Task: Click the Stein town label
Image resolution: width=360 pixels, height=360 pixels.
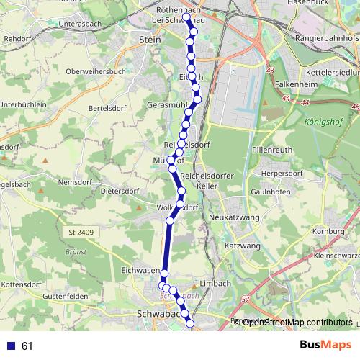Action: coord(149,40)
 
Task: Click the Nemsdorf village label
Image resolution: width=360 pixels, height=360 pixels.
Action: coord(78,184)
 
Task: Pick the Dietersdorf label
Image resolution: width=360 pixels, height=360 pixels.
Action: coord(120,192)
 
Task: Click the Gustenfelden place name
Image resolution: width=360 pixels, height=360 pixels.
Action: coord(64,297)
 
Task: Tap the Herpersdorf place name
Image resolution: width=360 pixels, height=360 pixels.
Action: coord(279,174)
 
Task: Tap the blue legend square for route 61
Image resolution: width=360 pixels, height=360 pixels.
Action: coord(11,346)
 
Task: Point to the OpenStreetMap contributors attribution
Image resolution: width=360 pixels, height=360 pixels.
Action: coord(296,322)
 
